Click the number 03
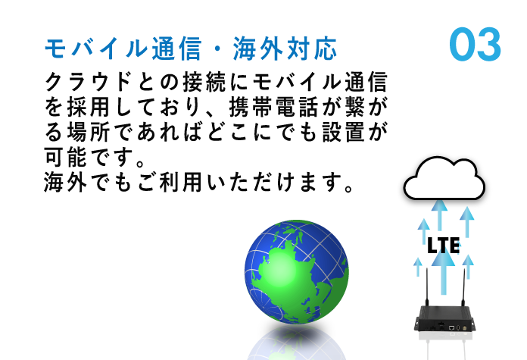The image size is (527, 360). [x=476, y=45]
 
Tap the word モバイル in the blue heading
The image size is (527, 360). [x=96, y=49]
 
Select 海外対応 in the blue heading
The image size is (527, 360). [x=285, y=49]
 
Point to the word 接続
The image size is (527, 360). [x=204, y=82]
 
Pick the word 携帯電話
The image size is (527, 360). [x=273, y=108]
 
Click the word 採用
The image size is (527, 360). [x=89, y=108]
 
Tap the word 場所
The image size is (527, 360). [x=89, y=132]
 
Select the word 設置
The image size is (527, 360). [x=344, y=132]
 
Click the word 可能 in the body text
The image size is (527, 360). [x=66, y=157]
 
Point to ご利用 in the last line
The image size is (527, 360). [x=170, y=183]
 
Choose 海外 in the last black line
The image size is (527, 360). [x=66, y=183]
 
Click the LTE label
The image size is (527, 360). [x=443, y=246]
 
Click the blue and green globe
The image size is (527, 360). [x=297, y=272]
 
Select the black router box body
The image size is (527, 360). [x=444, y=318]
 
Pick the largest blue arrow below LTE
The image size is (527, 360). [x=444, y=273]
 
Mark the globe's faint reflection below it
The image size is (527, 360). [x=297, y=342]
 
